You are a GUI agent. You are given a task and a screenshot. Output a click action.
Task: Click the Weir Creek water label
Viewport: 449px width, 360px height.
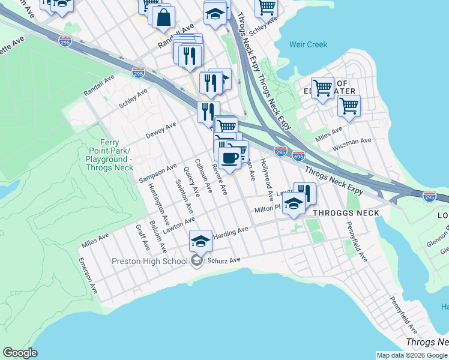coord(308,44)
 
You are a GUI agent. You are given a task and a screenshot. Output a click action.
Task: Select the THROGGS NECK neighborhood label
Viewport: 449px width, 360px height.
coord(346,213)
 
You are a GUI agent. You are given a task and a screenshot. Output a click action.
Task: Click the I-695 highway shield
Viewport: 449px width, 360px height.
coord(298,155)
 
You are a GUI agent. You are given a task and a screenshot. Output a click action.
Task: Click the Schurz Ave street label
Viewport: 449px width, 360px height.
coord(223,260)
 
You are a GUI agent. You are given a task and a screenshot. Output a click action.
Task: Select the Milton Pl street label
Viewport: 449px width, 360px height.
coord(267,209)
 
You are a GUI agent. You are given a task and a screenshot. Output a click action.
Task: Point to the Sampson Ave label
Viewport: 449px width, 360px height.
coord(158,173)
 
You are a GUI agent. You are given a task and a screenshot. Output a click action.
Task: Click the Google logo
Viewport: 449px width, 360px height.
coord(20,353)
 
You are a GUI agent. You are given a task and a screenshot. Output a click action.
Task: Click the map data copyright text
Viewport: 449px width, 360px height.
coord(412,355)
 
